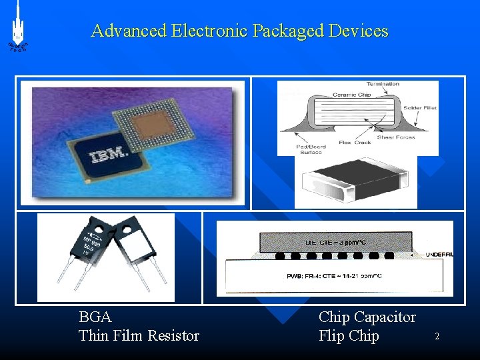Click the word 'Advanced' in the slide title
coord(129,31)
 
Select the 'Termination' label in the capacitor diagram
coord(383,84)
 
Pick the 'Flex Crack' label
coord(355,141)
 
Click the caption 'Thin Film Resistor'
coord(139,335)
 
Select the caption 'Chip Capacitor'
coord(367,317)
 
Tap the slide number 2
coord(437,337)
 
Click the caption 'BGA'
coord(95,317)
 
